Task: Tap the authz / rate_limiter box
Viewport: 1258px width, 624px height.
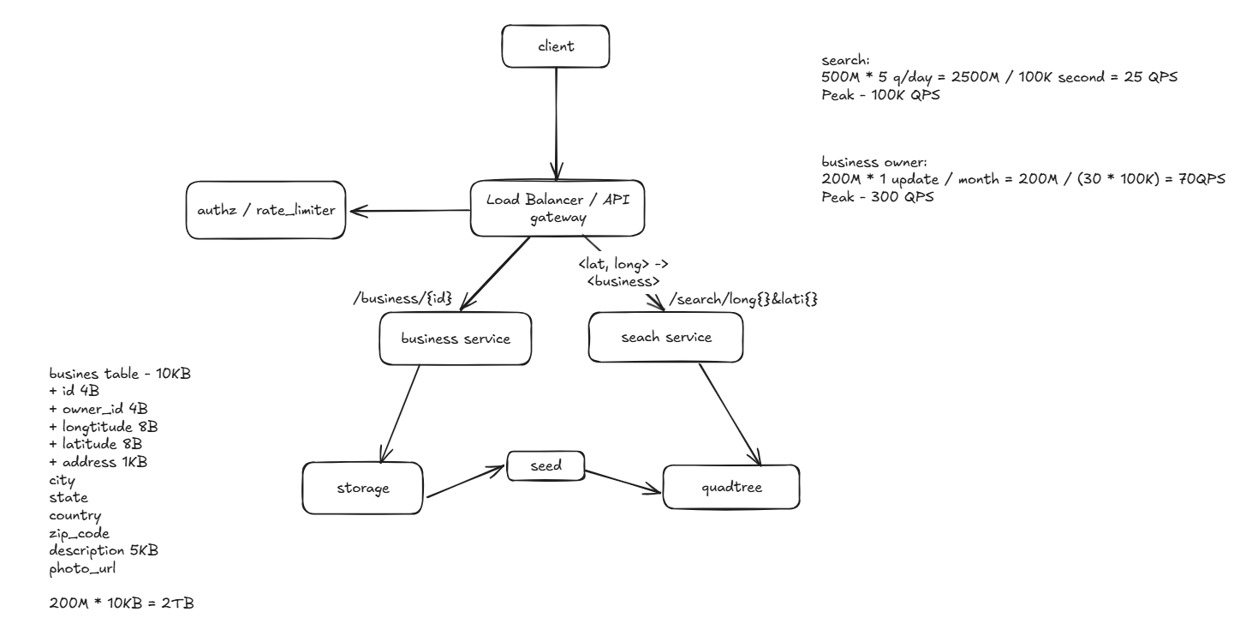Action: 265,209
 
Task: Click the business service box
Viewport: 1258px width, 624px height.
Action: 456,338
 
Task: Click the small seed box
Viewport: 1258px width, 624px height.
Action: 546,466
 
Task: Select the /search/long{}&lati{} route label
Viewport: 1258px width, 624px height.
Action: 741,299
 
